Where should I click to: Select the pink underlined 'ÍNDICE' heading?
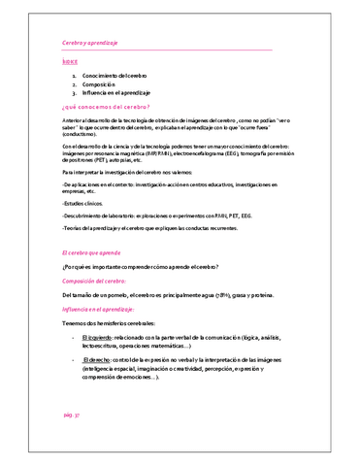pos(68,63)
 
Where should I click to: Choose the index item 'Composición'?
pos(100,84)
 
